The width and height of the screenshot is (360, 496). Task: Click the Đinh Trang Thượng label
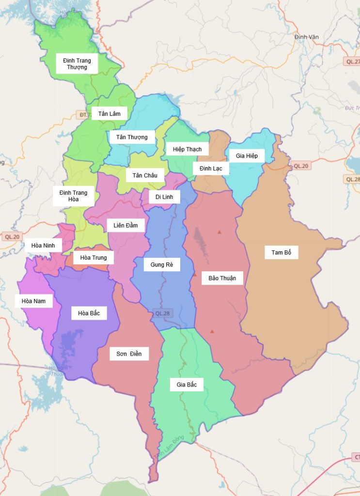tap(77, 64)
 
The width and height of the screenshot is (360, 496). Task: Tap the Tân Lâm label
tap(109, 114)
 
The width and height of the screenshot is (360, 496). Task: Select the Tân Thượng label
tap(132, 137)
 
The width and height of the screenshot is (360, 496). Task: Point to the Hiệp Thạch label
tap(187, 149)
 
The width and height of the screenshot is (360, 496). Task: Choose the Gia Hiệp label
tap(247, 155)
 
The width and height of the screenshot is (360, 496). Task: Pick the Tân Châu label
tap(145, 175)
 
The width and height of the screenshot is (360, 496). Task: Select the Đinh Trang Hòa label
tap(74, 196)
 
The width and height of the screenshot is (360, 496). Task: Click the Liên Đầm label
tap(125, 225)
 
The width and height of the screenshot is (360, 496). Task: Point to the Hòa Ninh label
tap(43, 246)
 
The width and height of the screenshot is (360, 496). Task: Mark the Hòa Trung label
tap(94, 258)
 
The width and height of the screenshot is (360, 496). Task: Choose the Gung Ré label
tap(162, 264)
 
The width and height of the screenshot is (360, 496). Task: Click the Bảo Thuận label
tap(222, 278)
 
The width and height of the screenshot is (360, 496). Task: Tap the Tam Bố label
tap(282, 252)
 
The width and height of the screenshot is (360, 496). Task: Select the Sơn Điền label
tap(129, 354)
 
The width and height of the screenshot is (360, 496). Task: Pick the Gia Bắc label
tap(187, 385)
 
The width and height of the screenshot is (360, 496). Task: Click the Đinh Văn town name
tap(306, 37)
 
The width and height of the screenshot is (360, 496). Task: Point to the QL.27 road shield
tap(352, 62)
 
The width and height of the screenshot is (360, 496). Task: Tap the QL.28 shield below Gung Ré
tap(163, 313)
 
